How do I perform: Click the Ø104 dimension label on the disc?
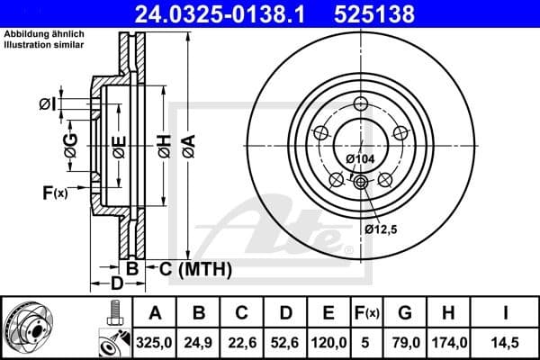tap(360, 159)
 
